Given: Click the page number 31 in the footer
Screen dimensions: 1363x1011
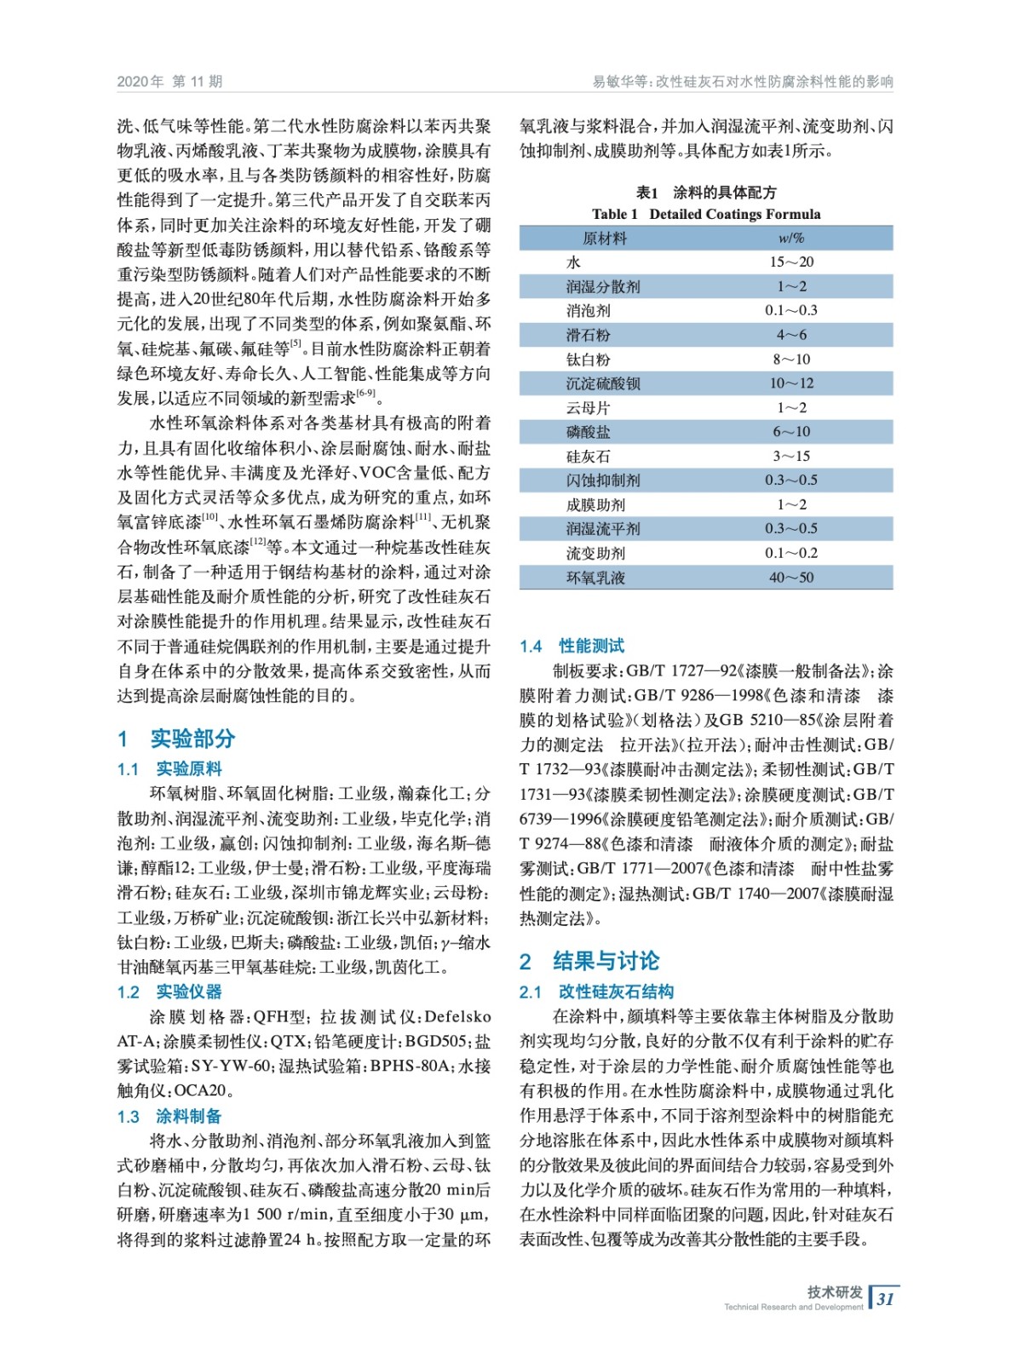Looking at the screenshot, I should [886, 1298].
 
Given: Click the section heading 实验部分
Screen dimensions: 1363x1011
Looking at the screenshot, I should [192, 738].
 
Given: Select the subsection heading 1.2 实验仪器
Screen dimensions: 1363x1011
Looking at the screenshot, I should [169, 992].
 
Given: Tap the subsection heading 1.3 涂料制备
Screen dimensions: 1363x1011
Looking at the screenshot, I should [169, 1116].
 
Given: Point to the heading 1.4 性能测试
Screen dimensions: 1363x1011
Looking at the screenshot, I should [572, 646].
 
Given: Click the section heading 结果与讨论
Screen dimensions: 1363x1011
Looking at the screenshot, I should [606, 961].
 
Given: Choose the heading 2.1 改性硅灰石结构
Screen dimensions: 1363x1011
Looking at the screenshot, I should [596, 992].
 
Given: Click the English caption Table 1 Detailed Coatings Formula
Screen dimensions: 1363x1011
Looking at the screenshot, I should [706, 214].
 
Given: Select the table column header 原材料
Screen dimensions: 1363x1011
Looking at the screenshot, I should [604, 238].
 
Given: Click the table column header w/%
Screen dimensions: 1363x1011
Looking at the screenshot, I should [791, 238].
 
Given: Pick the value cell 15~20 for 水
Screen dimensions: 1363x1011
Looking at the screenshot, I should [791, 262].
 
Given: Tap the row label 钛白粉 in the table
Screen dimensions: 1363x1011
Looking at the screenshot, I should [588, 359].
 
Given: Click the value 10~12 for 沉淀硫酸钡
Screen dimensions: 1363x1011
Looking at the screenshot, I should [791, 383].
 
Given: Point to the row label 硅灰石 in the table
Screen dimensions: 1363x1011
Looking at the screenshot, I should [588, 457].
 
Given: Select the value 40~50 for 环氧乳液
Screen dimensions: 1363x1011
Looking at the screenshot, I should [791, 578].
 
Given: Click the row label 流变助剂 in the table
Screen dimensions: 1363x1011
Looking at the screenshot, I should [595, 553].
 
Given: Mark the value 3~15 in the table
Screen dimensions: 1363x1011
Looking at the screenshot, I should [791, 457].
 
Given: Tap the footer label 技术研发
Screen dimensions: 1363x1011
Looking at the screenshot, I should [834, 1291].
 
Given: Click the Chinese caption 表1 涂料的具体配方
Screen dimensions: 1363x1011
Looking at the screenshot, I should [706, 193].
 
